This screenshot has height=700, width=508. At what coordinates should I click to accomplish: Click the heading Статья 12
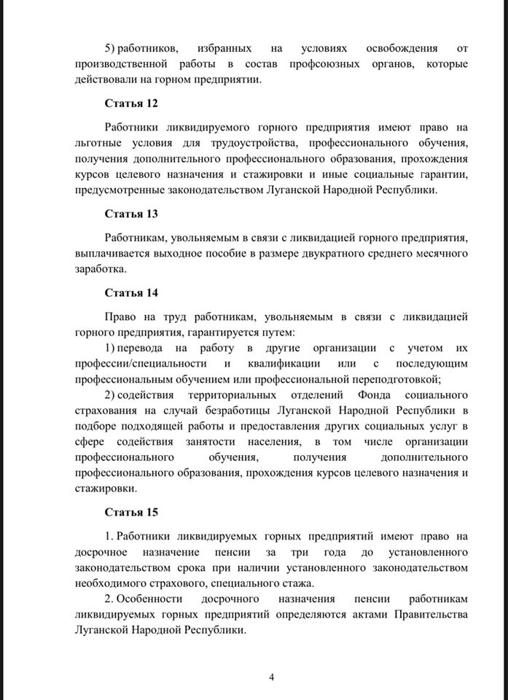(x=131, y=104)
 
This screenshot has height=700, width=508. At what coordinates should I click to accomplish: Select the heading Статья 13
(x=131, y=214)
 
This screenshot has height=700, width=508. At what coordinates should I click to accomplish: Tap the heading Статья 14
(x=131, y=292)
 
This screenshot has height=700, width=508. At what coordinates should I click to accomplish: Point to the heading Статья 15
(x=131, y=512)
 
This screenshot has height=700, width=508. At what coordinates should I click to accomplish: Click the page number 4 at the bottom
(x=271, y=677)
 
